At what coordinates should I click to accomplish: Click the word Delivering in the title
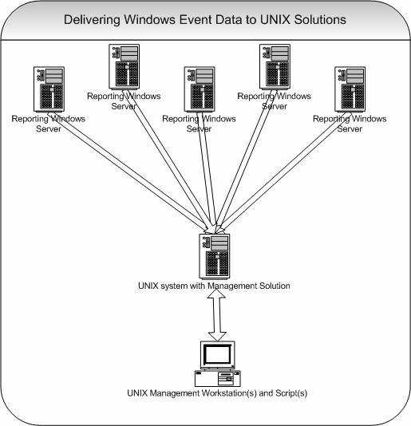pos(92,20)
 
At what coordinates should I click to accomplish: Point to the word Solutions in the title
pos(320,20)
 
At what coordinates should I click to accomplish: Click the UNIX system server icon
pos(214,256)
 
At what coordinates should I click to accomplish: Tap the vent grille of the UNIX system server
pos(217,263)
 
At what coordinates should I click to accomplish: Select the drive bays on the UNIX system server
pos(219,243)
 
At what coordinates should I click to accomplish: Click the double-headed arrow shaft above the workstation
pos(216,314)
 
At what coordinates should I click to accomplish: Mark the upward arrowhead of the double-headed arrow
pos(216,294)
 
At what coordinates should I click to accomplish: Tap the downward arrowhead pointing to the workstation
pos(217,337)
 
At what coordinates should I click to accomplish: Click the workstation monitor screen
pos(218,354)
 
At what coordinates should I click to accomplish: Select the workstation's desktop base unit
pos(218,378)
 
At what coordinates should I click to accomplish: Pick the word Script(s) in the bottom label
pos(291,393)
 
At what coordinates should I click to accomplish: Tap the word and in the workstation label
pos(266,393)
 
